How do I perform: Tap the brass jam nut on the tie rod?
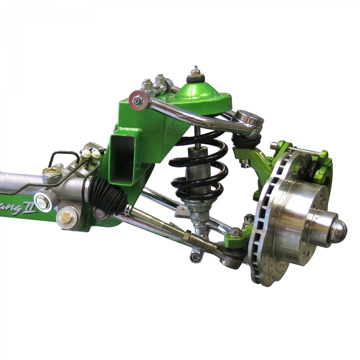[x=186, y=235]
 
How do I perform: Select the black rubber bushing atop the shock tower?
[x=196, y=78]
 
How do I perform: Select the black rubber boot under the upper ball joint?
[x=246, y=140]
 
